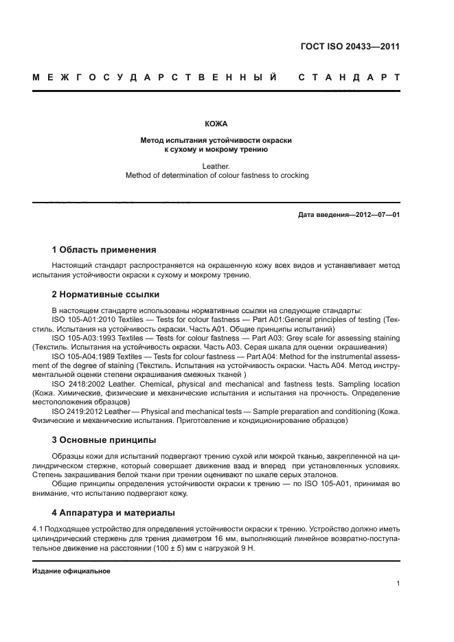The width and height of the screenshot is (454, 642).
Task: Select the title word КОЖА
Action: (x=216, y=124)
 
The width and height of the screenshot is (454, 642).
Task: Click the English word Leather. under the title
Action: (x=216, y=165)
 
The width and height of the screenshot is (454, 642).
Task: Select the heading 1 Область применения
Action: (x=104, y=250)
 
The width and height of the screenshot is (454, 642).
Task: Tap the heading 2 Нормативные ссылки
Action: (x=106, y=295)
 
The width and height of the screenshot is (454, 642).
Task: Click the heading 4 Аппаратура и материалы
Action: (x=113, y=512)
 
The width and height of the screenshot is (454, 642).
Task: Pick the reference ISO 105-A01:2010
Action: (x=82, y=320)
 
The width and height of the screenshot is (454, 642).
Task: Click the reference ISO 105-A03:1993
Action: (x=82, y=338)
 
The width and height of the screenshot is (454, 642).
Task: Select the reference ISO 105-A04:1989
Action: (x=82, y=357)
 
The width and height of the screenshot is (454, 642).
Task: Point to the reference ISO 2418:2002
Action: (x=76, y=385)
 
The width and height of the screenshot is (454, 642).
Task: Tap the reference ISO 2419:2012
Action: (x=76, y=411)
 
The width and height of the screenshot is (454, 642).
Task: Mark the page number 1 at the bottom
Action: (x=398, y=584)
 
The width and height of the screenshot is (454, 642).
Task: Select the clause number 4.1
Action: (x=38, y=529)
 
